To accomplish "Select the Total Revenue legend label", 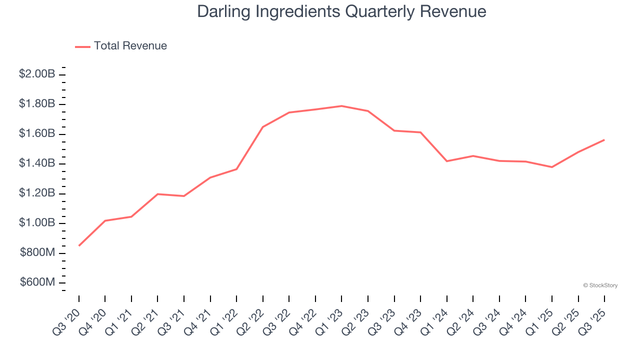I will (130, 46).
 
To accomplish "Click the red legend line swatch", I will (82, 46).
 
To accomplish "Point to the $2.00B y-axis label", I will (37, 74).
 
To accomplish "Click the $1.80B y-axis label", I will (37, 104).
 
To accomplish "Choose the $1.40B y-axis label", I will (37, 163).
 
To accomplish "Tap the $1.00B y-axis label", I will (37, 223).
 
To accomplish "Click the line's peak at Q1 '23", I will (341, 106).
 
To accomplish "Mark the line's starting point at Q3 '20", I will (79, 245).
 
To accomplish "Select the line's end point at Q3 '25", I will (604, 140).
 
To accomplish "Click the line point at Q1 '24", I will (446, 161).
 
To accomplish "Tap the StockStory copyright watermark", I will (600, 285).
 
